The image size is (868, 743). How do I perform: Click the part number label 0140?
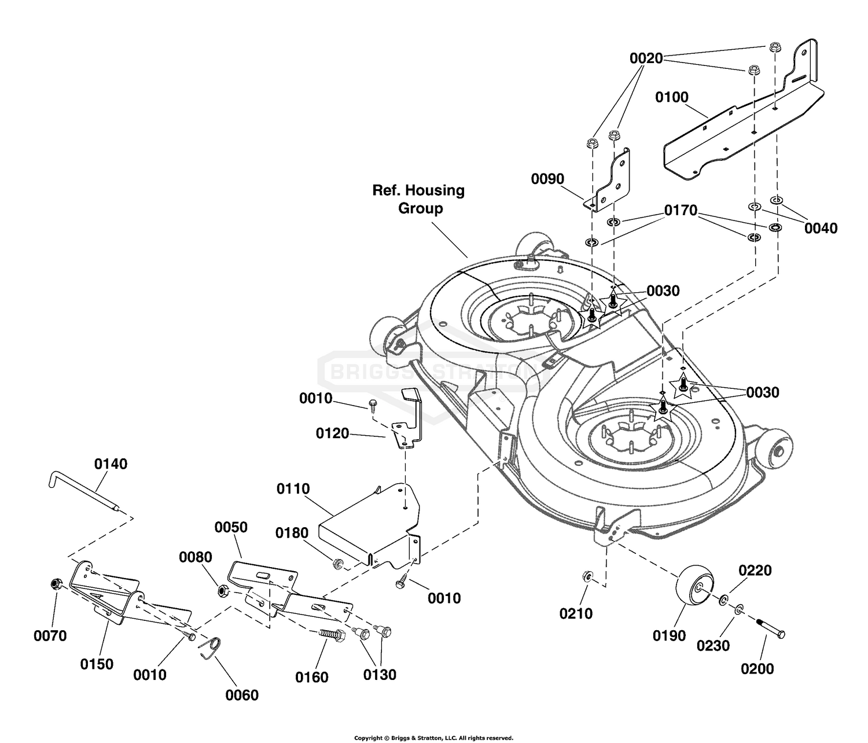click(111, 464)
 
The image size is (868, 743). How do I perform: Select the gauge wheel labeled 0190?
click(695, 590)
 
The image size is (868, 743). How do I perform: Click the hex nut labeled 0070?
click(55, 584)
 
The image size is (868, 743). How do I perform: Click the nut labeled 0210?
click(588, 577)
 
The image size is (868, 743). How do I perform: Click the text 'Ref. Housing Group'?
click(419, 199)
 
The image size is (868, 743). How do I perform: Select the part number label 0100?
click(672, 97)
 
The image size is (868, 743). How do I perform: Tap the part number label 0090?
click(547, 179)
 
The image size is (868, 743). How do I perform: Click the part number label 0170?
click(681, 210)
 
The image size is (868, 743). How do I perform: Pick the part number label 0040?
click(821, 229)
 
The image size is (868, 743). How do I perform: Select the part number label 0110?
click(293, 489)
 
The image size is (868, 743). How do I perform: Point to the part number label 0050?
click(231, 527)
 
